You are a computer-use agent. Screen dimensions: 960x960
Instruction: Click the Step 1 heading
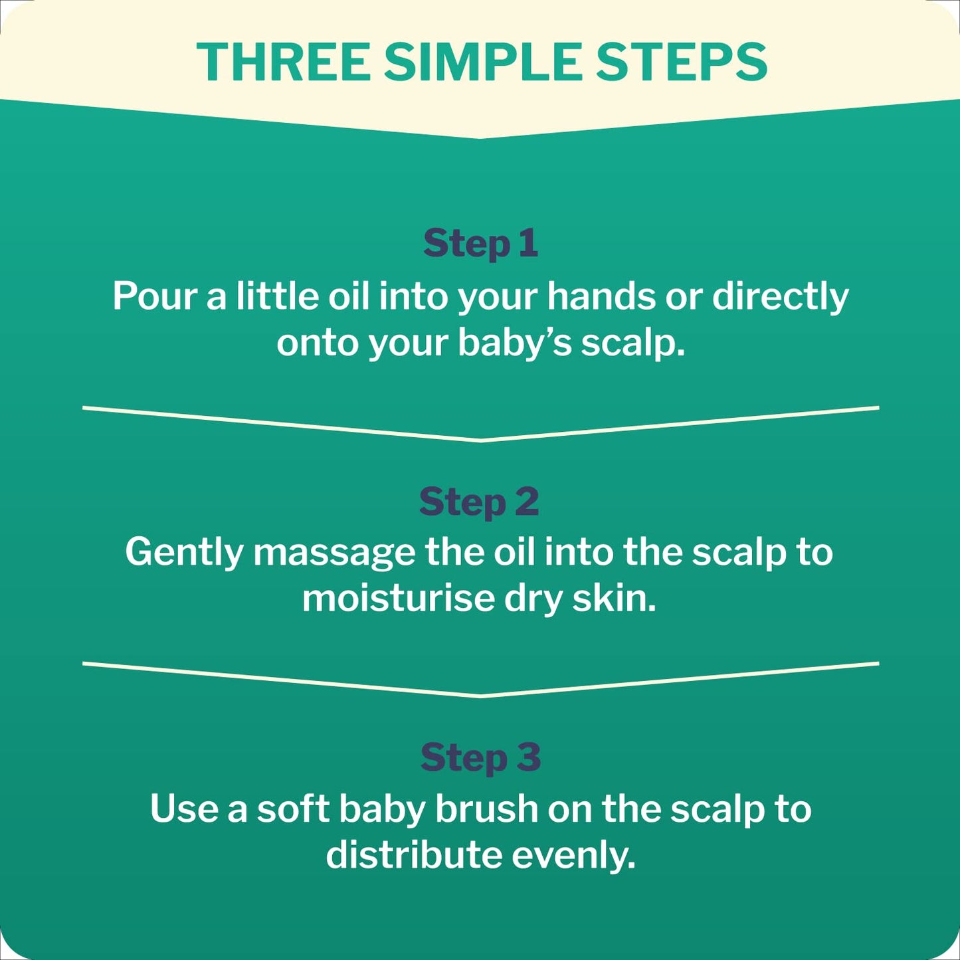[x=480, y=244]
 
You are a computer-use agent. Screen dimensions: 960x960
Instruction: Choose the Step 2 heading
[x=479, y=502]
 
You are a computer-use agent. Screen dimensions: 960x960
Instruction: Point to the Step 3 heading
[x=480, y=758]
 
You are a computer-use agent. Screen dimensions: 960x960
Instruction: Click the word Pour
[x=154, y=296]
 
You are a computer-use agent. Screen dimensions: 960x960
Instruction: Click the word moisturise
[x=398, y=599]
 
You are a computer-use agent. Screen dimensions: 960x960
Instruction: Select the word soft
[x=293, y=809]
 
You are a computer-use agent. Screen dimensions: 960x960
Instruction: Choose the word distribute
[x=413, y=855]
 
